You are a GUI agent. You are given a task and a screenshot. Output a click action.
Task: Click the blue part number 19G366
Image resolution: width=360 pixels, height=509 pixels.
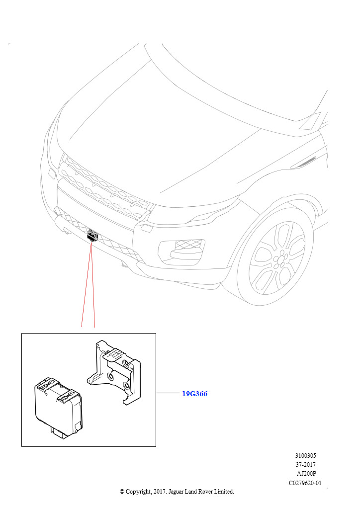click(x=194, y=394)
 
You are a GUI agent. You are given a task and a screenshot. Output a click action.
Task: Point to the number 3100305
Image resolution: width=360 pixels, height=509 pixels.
click(x=305, y=456)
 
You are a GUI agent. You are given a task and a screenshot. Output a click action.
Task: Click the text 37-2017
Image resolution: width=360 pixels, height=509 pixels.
click(x=305, y=465)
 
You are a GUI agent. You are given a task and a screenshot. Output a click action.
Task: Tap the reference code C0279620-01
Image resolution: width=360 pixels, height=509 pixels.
click(x=305, y=483)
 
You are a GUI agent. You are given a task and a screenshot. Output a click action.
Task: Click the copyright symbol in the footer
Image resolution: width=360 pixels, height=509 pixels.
click(x=122, y=492)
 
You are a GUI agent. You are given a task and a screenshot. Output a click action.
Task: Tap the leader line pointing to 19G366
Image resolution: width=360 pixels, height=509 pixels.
click(x=168, y=393)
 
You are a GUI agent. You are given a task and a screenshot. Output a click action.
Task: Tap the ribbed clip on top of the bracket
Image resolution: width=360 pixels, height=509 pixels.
click(x=115, y=353)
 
